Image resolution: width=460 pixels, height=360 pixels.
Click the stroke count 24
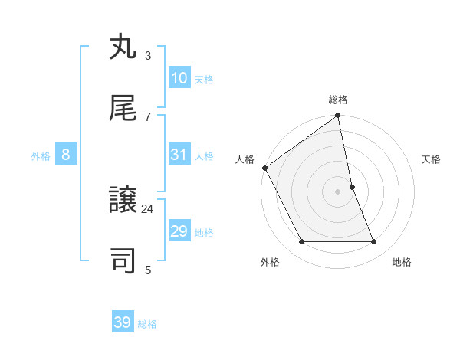[148, 208]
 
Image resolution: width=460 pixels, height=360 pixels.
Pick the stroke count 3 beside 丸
[148, 55]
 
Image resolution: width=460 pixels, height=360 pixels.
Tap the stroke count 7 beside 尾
[148, 116]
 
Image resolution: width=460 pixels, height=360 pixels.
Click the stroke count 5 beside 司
[148, 270]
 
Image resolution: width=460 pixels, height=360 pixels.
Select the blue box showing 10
[179, 78]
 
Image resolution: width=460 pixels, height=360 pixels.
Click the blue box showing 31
[179, 155]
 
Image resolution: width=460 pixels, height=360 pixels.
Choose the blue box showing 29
[179, 231]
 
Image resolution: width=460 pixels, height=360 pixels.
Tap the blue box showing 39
[123, 322]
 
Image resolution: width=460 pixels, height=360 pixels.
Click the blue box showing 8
[66, 155]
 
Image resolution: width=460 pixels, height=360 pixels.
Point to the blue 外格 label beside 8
[41, 156]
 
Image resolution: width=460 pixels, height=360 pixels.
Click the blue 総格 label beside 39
[147, 324]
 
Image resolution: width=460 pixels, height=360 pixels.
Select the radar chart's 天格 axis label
[431, 159]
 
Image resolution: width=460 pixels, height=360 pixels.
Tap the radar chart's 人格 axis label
[245, 159]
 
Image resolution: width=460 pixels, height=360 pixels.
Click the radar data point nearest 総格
[338, 116]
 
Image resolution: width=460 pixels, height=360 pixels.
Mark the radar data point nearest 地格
[374, 242]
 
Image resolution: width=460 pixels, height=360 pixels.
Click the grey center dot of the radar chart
[338, 191]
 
